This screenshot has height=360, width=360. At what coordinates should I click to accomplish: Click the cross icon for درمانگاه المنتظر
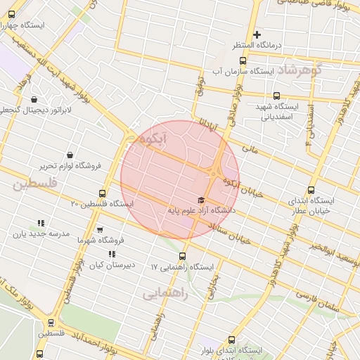(257, 34)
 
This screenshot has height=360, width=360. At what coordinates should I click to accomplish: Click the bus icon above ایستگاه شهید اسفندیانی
(276, 96)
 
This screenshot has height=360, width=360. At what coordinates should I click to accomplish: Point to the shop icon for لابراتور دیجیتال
(34, 100)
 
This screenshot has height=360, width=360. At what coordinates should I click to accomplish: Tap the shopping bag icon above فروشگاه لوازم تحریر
(70, 155)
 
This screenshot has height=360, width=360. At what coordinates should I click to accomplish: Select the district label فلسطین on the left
(33, 184)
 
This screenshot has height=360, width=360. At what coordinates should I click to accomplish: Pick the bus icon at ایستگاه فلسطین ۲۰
(103, 193)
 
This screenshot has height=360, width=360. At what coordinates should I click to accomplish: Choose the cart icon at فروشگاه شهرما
(100, 229)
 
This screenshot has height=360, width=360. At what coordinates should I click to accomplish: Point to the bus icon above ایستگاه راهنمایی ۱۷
(183, 256)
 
